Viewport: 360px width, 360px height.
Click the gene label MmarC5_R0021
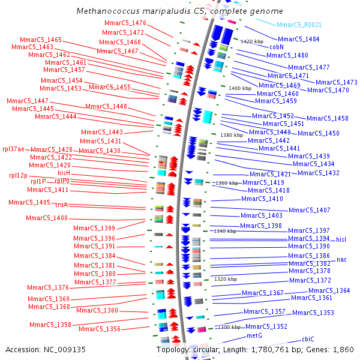pyautogui.click(x=299, y=25)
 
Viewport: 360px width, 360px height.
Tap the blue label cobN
pyautogui.click(x=277, y=46)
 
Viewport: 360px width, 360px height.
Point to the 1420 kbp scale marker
pyautogui.click(x=252, y=41)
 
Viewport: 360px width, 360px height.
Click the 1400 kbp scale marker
pyautogui.click(x=240, y=88)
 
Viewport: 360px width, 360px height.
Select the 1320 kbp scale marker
pyautogui.click(x=226, y=279)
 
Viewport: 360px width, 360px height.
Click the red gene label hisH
pyautogui.click(x=64, y=172)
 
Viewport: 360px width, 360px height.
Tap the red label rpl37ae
pyautogui.click(x=14, y=149)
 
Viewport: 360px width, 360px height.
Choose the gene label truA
pyautogui.click(x=62, y=205)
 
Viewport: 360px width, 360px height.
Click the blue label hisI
pyautogui.click(x=341, y=239)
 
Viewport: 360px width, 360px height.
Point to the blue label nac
pyautogui.click(x=342, y=259)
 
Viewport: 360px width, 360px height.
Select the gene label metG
pyautogui.click(x=255, y=335)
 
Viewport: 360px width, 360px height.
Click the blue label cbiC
pyautogui.click(x=308, y=339)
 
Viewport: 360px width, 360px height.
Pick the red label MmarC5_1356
pyautogui.click(x=100, y=329)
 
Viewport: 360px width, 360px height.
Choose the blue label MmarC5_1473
pyautogui.click(x=336, y=82)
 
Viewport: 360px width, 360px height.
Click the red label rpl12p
pyautogui.click(x=18, y=175)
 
